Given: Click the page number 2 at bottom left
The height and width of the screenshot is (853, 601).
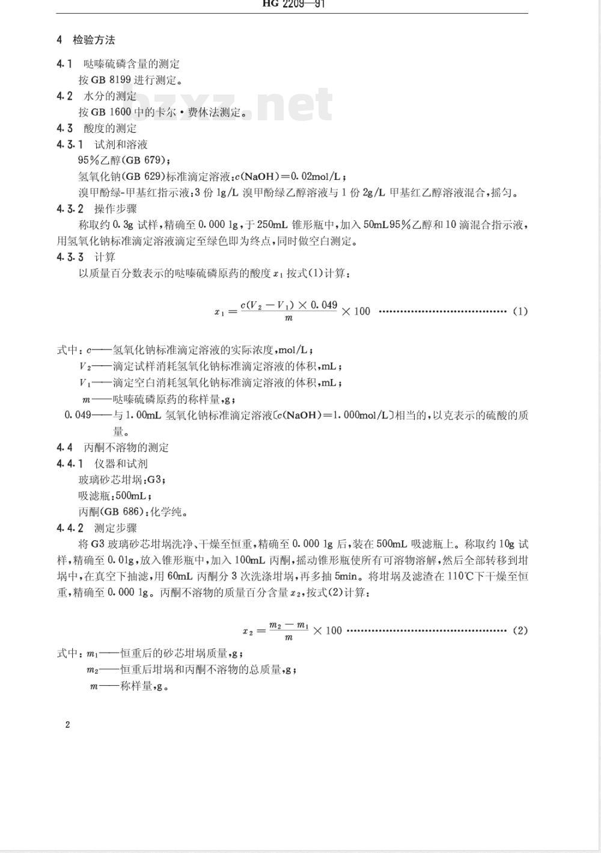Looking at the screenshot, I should click(x=67, y=724).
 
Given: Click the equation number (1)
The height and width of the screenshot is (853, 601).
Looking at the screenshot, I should click(x=520, y=311).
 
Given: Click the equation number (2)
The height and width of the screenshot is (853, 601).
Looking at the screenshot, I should click(x=520, y=630).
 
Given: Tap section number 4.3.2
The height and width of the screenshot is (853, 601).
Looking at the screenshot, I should click(x=70, y=209).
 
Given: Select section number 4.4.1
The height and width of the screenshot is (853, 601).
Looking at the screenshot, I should click(x=70, y=463).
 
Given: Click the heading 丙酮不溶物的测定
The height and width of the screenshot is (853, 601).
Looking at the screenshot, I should click(x=127, y=447).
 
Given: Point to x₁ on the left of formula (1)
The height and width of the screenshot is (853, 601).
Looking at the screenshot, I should click(x=219, y=312).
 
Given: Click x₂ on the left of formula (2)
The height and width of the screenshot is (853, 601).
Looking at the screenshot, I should click(x=247, y=631).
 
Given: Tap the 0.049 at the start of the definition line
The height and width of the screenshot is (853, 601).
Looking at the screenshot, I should click(x=78, y=414).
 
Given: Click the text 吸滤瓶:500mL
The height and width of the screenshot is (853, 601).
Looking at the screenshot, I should click(x=115, y=496).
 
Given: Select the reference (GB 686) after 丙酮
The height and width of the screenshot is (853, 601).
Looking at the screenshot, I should click(x=124, y=512).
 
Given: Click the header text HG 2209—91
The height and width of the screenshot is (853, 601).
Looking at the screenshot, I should click(x=294, y=4).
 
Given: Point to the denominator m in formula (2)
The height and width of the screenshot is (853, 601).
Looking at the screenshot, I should click(x=289, y=638).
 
